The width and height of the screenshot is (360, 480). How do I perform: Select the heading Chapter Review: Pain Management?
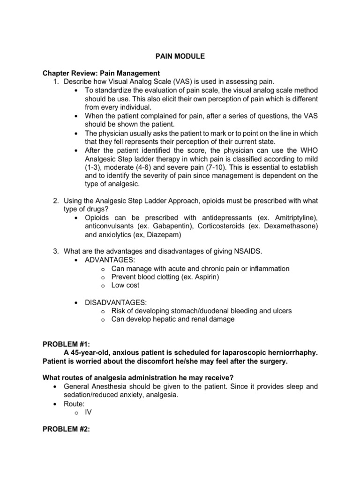pos(101,73)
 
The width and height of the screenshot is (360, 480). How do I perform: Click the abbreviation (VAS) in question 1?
pos(171,82)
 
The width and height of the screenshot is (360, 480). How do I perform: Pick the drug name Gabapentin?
pos(160,226)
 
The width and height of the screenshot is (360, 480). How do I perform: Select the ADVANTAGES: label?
pos(106,260)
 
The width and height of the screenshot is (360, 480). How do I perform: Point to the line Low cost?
pos(125,285)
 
